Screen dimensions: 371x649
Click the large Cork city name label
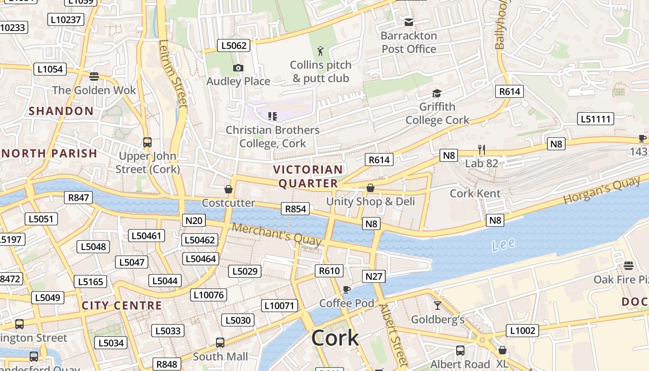tap(335, 338)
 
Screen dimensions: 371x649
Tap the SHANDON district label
tap(61, 111)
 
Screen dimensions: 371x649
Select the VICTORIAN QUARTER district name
tap(308, 176)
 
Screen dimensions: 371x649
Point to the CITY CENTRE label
tap(122, 306)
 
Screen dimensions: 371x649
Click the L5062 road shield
tap(234, 45)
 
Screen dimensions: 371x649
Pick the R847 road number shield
tap(78, 198)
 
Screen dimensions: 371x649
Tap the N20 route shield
tap(194, 220)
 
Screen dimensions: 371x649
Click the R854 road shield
tap(295, 209)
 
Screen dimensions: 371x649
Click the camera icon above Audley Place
tap(238, 68)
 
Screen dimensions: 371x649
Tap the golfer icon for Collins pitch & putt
tap(320, 51)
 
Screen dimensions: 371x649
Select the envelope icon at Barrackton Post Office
tap(409, 22)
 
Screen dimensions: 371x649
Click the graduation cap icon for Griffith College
tap(437, 94)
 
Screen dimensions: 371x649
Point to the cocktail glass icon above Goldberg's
tap(437, 305)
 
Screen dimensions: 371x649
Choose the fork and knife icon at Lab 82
tap(482, 149)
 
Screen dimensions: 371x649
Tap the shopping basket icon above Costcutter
tap(228, 189)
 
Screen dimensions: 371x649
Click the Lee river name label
tap(503, 244)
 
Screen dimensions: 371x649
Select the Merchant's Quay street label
tap(277, 235)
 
